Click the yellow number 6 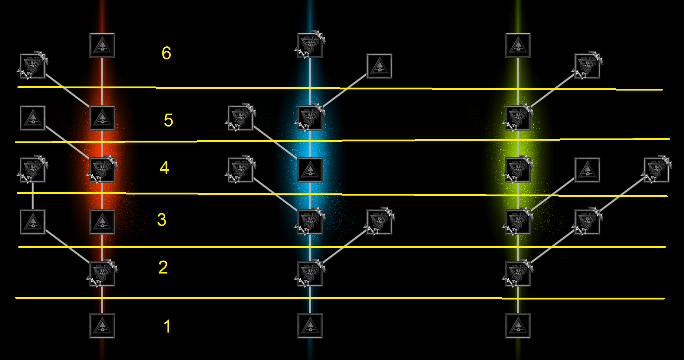(x=166, y=53)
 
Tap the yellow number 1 (x=167, y=327)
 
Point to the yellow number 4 (x=165, y=167)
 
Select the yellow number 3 (x=162, y=220)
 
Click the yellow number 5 (x=168, y=120)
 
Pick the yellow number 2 (x=163, y=267)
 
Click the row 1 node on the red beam (x=102, y=326)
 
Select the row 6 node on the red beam (x=102, y=45)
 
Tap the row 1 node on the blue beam (x=310, y=326)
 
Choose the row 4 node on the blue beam (x=310, y=170)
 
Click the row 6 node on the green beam (x=518, y=45)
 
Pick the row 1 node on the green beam (x=518, y=326)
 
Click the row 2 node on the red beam (x=102, y=274)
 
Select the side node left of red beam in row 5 (x=33, y=118)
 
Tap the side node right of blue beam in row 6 (x=379, y=66)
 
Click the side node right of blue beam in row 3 (x=379, y=222)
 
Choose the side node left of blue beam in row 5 (x=241, y=118)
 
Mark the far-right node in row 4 (x=657, y=170)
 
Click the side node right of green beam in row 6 (x=587, y=66)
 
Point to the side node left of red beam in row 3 (x=33, y=222)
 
